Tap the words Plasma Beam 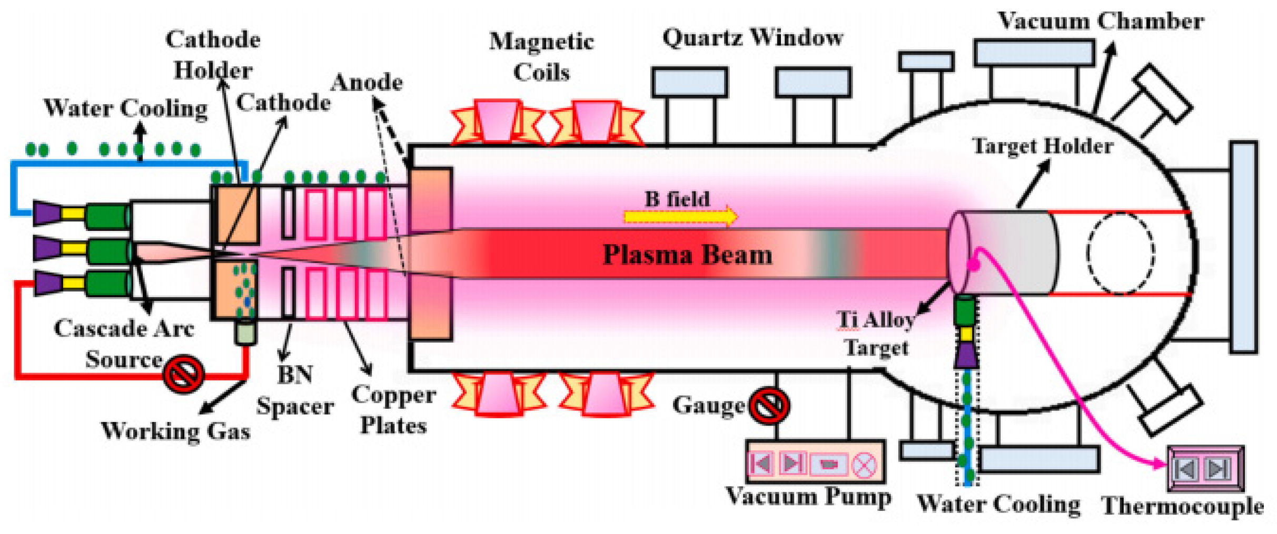[x=687, y=255]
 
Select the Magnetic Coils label [x=541, y=57]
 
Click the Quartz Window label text [x=753, y=38]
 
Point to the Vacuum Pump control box [x=815, y=463]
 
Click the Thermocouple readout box [x=1205, y=468]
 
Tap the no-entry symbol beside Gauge [x=769, y=406]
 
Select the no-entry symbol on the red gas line [x=183, y=374]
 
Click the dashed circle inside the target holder [x=1121, y=253]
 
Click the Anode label [x=367, y=83]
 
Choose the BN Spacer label [x=295, y=390]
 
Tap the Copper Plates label [x=393, y=410]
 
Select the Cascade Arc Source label [x=124, y=344]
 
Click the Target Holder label [x=1043, y=146]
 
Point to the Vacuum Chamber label [x=1101, y=22]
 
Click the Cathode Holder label [x=213, y=55]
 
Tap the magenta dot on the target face [x=974, y=265]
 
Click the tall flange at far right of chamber [x=1244, y=247]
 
